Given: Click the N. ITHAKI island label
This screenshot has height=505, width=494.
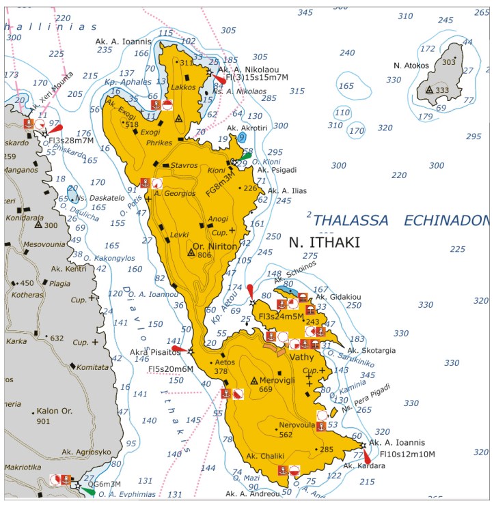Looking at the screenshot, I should click(x=324, y=242).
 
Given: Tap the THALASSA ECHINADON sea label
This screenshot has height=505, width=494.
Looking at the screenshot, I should click(x=400, y=220).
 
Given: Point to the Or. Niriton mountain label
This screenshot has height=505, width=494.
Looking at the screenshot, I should click(x=215, y=246).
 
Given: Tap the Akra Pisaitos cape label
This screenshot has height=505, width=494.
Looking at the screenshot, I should click(x=155, y=353).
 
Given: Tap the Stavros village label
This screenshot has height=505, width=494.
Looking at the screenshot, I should click(x=184, y=164).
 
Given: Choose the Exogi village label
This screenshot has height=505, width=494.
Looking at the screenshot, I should click(x=150, y=132).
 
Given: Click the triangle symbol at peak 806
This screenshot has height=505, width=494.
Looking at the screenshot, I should click(x=191, y=252).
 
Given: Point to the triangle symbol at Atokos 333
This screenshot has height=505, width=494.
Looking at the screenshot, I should click(x=430, y=90).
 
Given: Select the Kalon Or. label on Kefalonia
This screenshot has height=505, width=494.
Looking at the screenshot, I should click(x=53, y=412).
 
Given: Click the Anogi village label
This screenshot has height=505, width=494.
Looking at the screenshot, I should click(x=217, y=219).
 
